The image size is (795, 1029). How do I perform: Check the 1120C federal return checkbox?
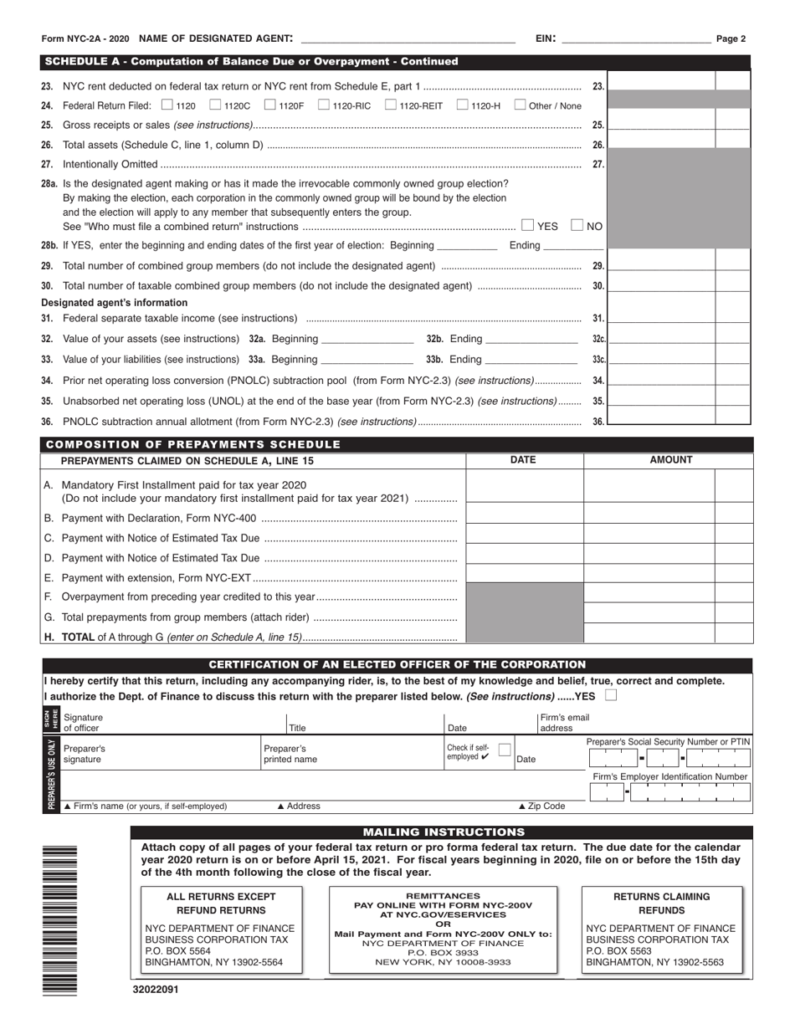[215, 105]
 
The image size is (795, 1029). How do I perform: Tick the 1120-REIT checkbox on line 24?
[391, 105]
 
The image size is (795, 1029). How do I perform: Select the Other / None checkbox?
[520, 105]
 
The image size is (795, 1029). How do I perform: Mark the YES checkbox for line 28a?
[527, 225]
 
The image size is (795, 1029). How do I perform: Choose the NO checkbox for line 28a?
[577, 225]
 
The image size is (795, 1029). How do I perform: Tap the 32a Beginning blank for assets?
[367, 339]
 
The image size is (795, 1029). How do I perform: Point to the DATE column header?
[523, 460]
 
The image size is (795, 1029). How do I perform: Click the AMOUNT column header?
[671, 460]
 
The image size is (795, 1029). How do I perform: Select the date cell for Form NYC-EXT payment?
[524, 574]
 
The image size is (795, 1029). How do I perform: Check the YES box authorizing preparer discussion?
[610, 696]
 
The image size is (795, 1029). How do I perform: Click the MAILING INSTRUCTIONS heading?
[443, 832]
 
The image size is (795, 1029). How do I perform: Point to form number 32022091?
[155, 989]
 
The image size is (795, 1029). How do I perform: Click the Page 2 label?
[731, 38]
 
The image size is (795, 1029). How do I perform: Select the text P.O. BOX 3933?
[443, 952]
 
